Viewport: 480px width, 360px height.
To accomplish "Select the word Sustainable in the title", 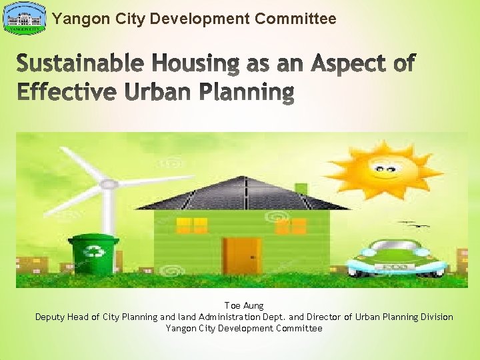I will pos(79,65).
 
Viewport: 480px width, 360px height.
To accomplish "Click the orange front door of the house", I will pos(242,255).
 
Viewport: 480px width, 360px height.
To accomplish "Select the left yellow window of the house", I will pos(192,225).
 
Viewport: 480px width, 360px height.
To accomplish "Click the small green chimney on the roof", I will pos(301,190).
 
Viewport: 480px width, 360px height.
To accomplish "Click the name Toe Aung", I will pos(243,306).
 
